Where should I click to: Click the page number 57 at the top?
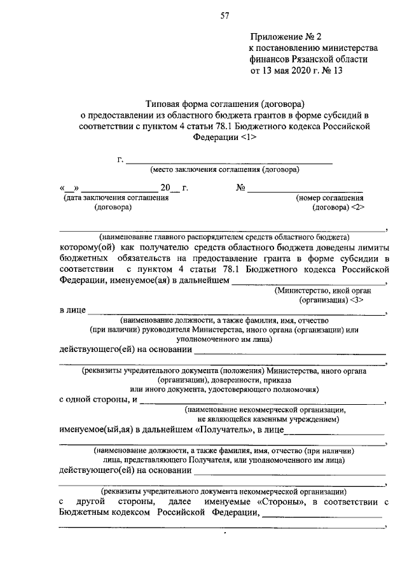224,17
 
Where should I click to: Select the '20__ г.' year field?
174,188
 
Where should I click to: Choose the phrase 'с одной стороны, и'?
98,400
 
